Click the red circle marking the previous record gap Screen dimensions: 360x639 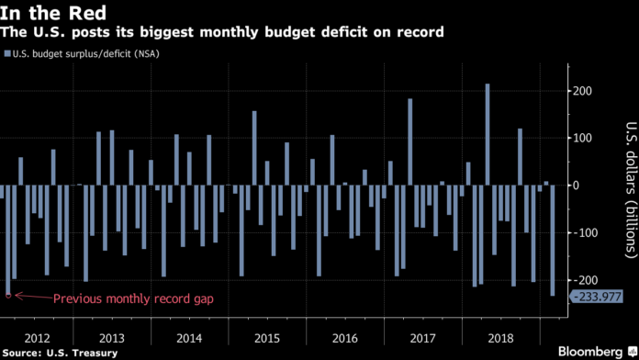[x=8, y=296]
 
